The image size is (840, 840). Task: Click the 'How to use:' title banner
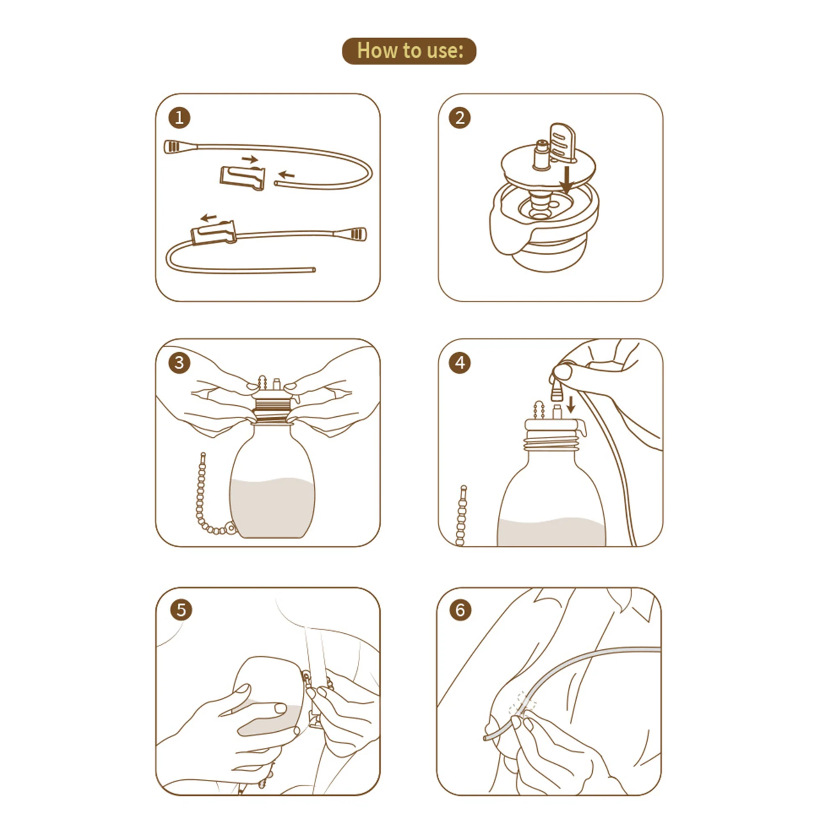coord(409,51)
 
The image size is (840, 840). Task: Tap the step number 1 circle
coord(179,118)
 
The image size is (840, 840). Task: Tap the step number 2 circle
coord(459,118)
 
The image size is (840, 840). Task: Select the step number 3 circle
coord(179,363)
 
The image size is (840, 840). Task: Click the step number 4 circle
coord(459,363)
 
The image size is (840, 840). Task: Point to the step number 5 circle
coord(181,610)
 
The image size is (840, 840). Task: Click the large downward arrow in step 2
coord(566,179)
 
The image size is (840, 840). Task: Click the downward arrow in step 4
coord(571,404)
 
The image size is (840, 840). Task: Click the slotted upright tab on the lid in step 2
coord(562,142)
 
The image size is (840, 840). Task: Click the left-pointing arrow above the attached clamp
coord(209,217)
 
